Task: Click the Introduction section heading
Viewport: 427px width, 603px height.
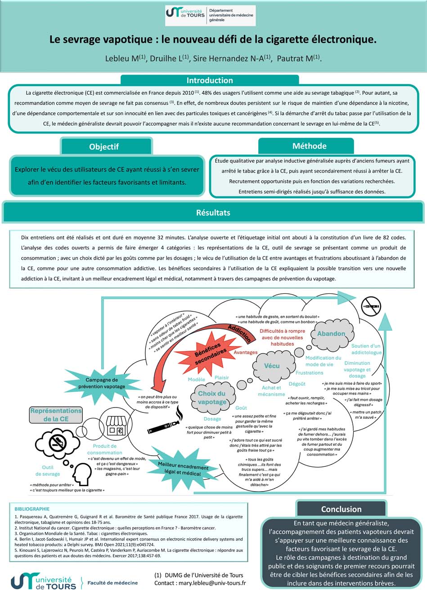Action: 210,80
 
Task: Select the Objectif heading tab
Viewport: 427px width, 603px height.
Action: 104,146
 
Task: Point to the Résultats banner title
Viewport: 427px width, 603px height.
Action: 213,213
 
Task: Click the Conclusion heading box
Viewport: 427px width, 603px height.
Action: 341,509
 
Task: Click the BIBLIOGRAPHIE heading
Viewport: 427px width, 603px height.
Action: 32,509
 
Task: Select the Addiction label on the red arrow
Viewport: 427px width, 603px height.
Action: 239,333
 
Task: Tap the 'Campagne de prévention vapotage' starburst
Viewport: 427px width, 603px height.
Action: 102,383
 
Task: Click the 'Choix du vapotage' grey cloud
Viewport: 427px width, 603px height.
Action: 212,398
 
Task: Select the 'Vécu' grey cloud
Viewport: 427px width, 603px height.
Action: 272,366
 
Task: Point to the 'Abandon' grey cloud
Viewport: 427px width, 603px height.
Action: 331,333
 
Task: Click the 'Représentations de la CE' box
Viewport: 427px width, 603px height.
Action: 56,415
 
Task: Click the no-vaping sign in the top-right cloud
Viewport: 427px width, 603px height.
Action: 372,306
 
